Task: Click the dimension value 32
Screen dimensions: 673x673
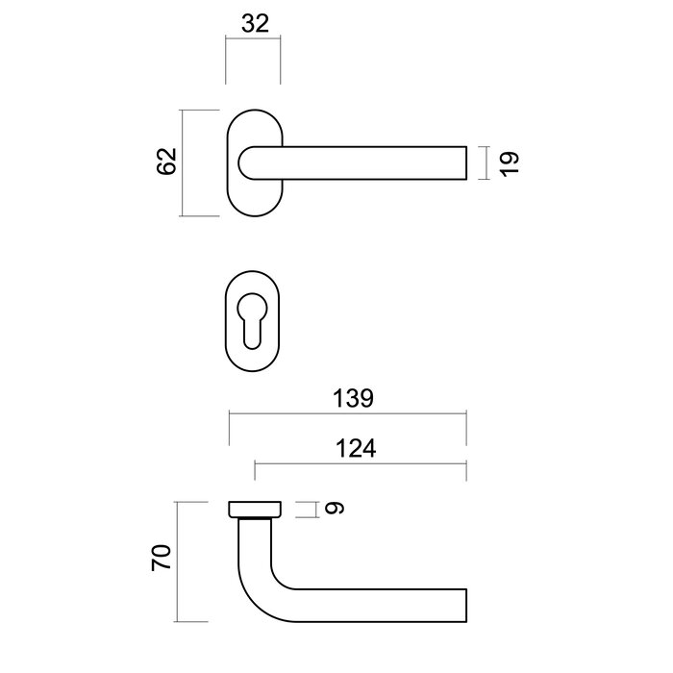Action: click(x=254, y=24)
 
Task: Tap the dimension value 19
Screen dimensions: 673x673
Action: click(x=510, y=162)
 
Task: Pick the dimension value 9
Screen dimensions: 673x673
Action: click(x=333, y=510)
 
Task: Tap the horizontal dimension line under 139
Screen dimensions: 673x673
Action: click(x=347, y=415)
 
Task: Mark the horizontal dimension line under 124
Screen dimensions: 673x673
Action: click(x=360, y=463)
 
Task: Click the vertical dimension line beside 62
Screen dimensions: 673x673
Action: click(x=184, y=163)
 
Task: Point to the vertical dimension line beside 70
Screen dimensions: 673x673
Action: click(x=179, y=560)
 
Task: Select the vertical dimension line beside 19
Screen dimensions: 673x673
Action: click(x=486, y=162)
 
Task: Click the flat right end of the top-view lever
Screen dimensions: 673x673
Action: click(x=466, y=162)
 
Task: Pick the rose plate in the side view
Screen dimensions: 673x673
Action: click(x=255, y=509)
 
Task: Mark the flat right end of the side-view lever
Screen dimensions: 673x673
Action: click(x=466, y=605)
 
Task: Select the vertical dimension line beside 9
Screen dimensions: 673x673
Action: click(x=314, y=510)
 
